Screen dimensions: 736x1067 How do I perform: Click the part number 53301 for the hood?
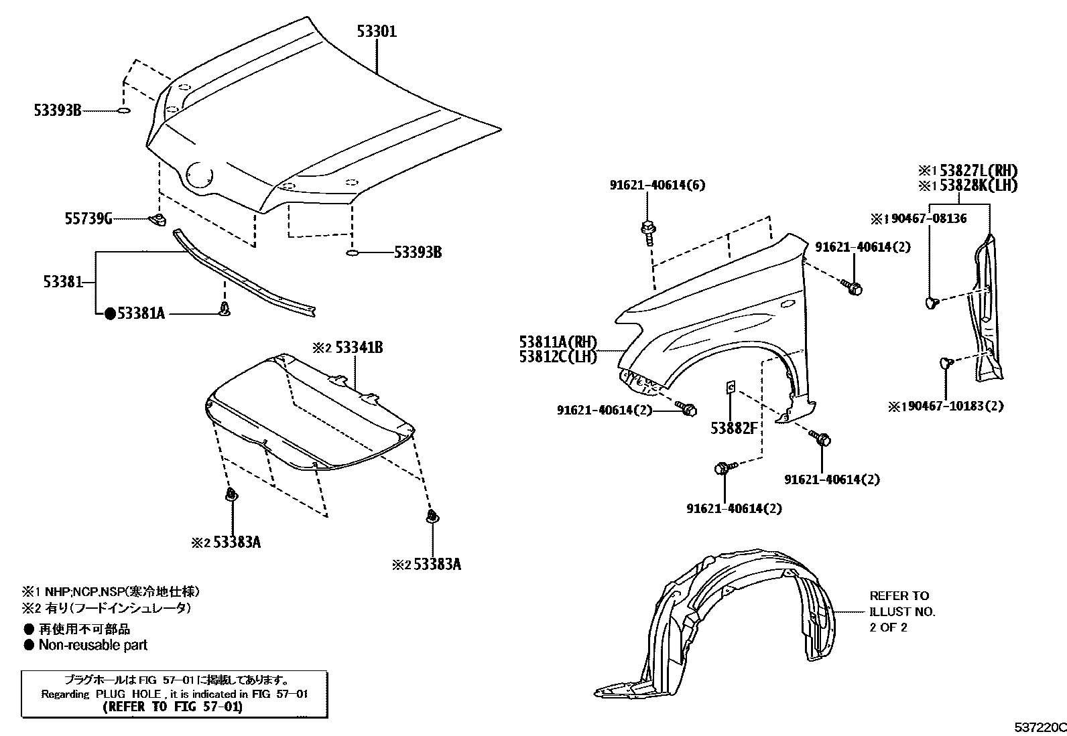(x=376, y=31)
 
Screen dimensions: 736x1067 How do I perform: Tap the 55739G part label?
(x=88, y=218)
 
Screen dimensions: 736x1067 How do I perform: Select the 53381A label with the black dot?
(x=141, y=313)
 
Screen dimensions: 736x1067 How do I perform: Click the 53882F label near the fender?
(x=734, y=427)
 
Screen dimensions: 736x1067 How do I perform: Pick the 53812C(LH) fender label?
(x=558, y=357)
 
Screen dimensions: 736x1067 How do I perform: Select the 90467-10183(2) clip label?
(x=952, y=406)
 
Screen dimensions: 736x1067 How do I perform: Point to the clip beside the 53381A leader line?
(x=225, y=309)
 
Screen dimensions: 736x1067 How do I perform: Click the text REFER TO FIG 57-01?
(x=173, y=707)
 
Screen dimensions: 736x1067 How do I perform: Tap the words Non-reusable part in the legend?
(x=92, y=645)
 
